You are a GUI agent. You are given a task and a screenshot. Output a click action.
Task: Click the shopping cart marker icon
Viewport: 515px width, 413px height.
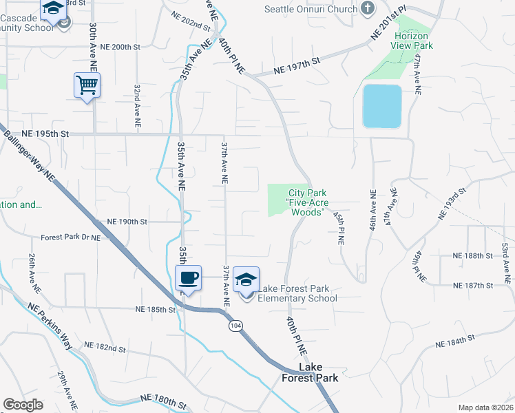tap(87, 86)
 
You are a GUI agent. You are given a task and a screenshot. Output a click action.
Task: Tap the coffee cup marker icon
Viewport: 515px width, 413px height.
tap(188, 279)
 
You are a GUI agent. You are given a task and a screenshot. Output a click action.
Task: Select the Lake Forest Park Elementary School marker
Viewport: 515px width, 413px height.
tap(246, 280)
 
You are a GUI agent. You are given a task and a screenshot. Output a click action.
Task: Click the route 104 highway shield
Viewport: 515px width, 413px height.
tap(235, 325)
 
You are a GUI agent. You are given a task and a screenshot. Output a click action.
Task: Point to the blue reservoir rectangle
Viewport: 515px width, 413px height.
tap(381, 106)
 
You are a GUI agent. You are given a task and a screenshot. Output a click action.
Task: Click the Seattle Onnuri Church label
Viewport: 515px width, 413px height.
tap(311, 9)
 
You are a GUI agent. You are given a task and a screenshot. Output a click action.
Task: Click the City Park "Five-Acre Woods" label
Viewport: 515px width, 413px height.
tap(307, 203)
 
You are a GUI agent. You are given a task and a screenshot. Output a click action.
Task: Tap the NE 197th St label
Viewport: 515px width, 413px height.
tap(297, 66)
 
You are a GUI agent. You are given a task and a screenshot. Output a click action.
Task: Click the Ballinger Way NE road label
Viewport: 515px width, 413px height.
tap(29, 158)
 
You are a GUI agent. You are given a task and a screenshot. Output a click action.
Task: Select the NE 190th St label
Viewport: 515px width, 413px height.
tap(127, 222)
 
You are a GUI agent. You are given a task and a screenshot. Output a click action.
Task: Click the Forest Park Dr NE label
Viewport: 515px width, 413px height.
tap(71, 237)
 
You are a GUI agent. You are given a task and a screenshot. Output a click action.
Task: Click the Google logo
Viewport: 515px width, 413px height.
tap(23, 405)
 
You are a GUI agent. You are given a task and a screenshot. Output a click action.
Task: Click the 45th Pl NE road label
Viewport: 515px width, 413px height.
tap(338, 229)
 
